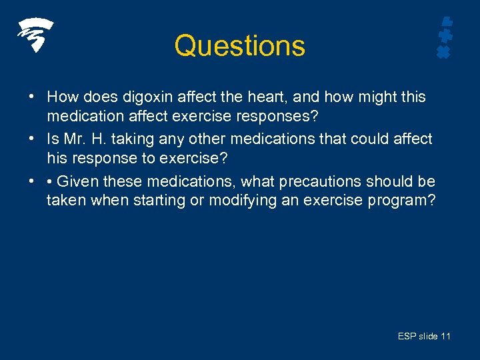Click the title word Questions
[x=239, y=46]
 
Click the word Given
[x=77, y=181]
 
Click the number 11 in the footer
[x=445, y=336]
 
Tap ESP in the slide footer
[x=407, y=336]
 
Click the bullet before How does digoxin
[x=31, y=97]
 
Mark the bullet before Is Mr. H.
[x=31, y=139]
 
